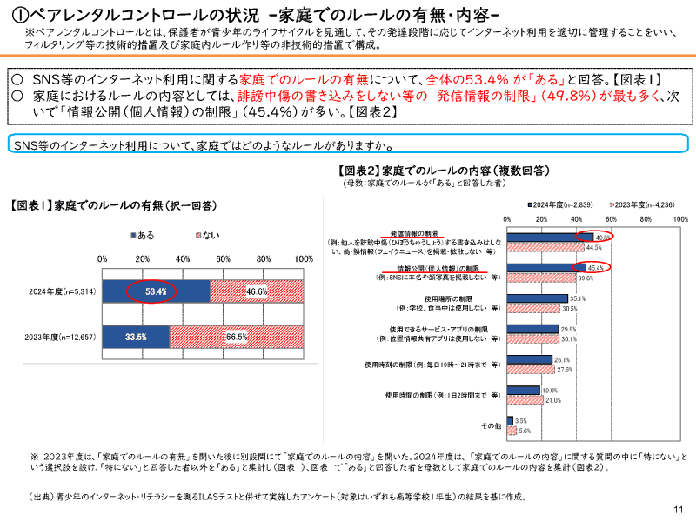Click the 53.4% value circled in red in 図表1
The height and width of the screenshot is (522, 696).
pos(156,291)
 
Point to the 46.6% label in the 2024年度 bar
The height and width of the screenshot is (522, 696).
pos(257,291)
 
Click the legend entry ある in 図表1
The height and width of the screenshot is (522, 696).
pos(141,235)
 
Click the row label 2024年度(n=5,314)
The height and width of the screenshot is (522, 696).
pos(62,291)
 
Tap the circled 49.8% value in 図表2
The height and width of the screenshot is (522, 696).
pos(603,237)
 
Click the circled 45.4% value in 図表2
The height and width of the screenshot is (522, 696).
pos(596,268)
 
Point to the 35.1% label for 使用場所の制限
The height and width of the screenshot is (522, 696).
pos(578,298)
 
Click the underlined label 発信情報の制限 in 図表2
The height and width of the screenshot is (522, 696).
pos(412,234)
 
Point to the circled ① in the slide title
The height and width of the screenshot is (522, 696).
pos(17,15)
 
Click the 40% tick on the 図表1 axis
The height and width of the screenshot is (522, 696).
pos(183,258)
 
